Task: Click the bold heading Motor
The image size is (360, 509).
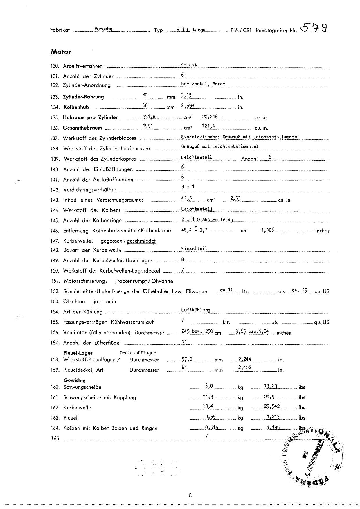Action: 61,52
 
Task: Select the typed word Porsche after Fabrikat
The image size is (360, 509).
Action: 103,29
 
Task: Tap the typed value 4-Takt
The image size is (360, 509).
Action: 189,65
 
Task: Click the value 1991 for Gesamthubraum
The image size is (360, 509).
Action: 148,126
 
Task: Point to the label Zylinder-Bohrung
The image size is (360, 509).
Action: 83,97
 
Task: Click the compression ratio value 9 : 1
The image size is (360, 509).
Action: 188,187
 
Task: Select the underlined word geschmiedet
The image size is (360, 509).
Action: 141,241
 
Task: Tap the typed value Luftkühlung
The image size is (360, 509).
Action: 195,310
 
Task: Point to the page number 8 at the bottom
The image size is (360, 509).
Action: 190,495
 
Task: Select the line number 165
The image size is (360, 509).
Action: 55,438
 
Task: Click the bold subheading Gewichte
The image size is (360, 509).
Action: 75,380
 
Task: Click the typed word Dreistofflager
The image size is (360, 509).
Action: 138,353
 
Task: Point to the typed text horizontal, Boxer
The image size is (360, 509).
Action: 203,84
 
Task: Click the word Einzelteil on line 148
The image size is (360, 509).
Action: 194,248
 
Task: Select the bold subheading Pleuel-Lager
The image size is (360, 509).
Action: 78,353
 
